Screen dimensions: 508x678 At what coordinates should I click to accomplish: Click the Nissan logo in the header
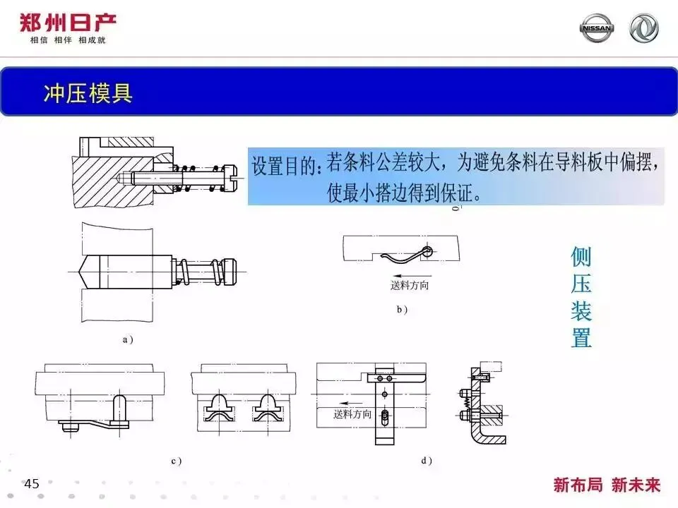pyautogui.click(x=597, y=28)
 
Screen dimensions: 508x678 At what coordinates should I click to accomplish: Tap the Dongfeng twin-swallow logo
pyautogui.click(x=643, y=28)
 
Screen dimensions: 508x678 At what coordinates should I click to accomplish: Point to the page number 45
pyautogui.click(x=32, y=484)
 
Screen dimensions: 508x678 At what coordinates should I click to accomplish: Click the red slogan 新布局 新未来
pyautogui.click(x=607, y=485)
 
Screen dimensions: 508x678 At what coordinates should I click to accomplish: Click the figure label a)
pyautogui.click(x=128, y=339)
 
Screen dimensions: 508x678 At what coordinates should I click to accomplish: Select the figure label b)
pyautogui.click(x=402, y=309)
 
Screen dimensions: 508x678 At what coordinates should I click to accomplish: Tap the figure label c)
pyautogui.click(x=176, y=461)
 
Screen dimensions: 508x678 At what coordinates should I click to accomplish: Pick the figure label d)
pyautogui.click(x=426, y=461)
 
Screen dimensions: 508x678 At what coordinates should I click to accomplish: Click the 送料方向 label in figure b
pyautogui.click(x=410, y=286)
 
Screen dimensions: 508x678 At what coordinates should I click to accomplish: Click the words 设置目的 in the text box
pyautogui.click(x=283, y=168)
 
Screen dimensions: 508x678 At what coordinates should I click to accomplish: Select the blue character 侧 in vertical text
pyautogui.click(x=581, y=257)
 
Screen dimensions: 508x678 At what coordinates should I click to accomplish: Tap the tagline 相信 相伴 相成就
pyautogui.click(x=67, y=40)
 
